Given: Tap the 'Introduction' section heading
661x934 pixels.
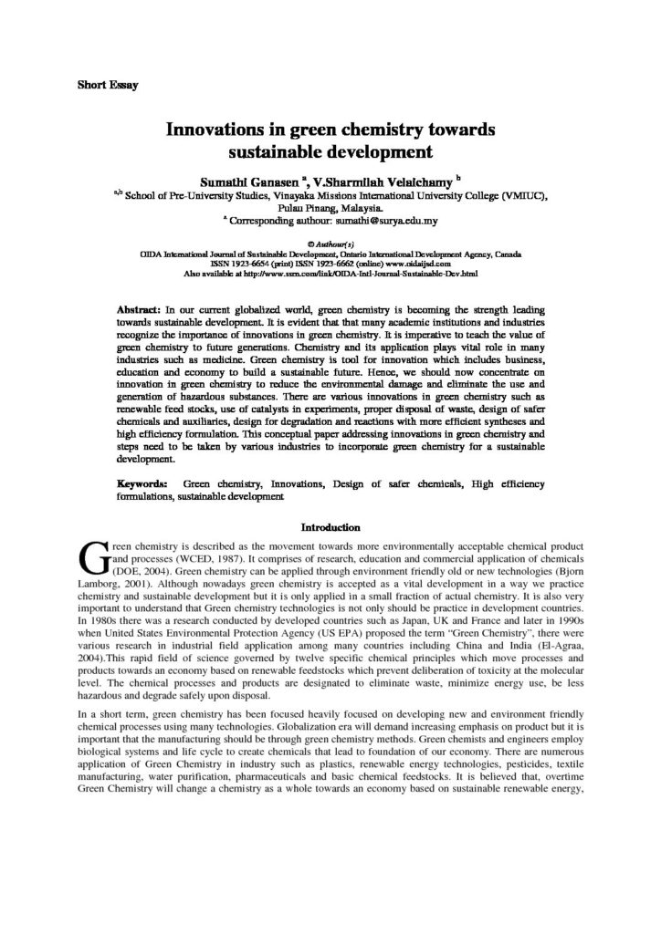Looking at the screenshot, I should click(330, 526).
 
